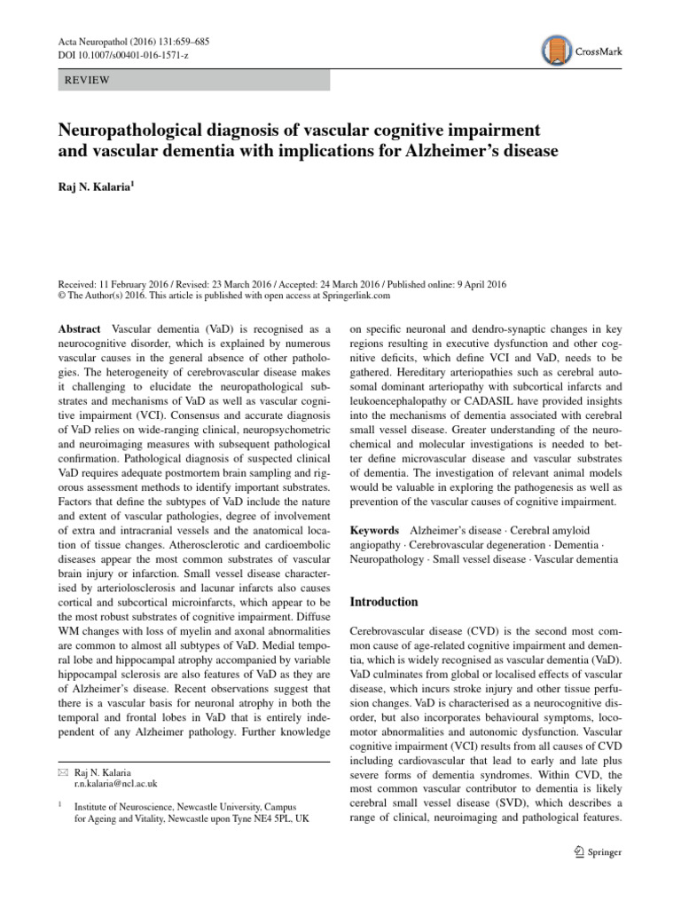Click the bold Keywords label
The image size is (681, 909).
(375, 528)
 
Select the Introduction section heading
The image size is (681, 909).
(384, 602)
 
